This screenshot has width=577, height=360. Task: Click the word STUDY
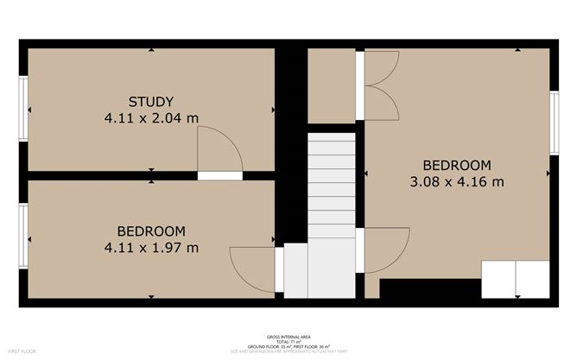click(151, 100)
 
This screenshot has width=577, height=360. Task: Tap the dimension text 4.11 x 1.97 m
click(151, 248)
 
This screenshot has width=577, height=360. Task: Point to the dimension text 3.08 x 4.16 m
click(456, 181)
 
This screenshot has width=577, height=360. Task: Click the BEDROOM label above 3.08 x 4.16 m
click(456, 165)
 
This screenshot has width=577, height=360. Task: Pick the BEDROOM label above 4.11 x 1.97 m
click(151, 231)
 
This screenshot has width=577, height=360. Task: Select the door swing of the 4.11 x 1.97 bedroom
click(253, 268)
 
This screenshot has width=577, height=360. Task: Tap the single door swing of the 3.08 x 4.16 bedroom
click(385, 250)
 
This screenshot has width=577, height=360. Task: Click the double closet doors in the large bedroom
click(381, 85)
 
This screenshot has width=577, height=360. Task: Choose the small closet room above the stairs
click(332, 85)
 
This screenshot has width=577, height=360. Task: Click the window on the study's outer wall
click(24, 109)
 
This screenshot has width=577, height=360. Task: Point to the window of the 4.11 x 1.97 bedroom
click(24, 237)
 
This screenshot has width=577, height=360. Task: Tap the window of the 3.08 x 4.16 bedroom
click(555, 119)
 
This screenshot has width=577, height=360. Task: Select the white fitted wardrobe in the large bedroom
click(515, 279)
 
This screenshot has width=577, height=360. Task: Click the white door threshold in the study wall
click(219, 175)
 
